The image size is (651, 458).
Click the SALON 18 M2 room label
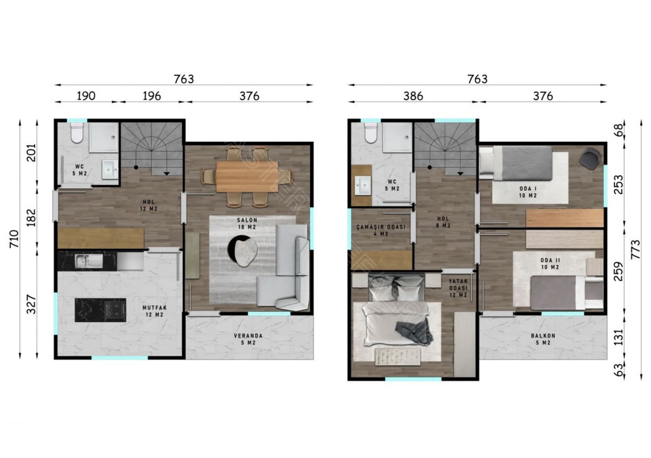[x=247, y=223]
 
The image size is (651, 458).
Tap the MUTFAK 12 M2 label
[x=154, y=311]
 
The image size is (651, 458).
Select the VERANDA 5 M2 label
[x=248, y=339]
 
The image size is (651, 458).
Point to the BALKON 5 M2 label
[x=543, y=339]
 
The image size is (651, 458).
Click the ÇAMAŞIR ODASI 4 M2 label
[x=381, y=230]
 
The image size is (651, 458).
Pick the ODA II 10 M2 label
[x=550, y=263]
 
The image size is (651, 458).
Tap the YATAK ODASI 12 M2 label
[x=458, y=288]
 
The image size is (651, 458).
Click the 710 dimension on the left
[x=14, y=239]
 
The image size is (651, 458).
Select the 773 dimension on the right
[x=635, y=249]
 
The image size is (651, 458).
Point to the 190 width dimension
[x=86, y=96]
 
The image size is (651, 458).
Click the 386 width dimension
[x=413, y=96]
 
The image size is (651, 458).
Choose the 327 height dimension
[x=31, y=304]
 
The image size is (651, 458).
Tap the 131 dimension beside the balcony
[x=619, y=337]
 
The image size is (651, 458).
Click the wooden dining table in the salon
[x=247, y=176]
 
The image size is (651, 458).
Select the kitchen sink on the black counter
[x=89, y=261]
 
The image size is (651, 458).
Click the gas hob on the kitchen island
[x=115, y=310]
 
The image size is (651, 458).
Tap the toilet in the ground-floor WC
[x=77, y=133]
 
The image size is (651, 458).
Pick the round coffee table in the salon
[x=243, y=251]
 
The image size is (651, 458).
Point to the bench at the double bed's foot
[x=397, y=357]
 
